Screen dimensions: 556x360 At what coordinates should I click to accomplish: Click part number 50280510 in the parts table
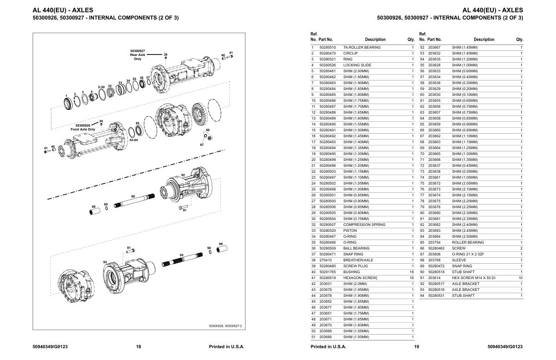(328, 47)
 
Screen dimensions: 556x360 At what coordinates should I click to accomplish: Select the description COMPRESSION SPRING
(364, 225)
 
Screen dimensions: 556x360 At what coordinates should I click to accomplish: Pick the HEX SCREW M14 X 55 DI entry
(473, 278)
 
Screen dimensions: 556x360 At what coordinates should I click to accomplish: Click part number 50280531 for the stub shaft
(437, 295)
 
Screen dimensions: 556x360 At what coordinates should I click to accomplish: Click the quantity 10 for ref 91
(521, 278)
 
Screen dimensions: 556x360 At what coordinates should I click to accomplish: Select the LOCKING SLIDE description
(357, 65)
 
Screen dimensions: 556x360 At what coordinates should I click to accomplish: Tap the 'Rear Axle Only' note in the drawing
(138, 57)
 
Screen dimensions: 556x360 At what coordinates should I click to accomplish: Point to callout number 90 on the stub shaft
(133, 196)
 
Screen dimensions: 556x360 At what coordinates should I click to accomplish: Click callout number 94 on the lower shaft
(181, 255)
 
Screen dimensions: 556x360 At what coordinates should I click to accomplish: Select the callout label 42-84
(134, 140)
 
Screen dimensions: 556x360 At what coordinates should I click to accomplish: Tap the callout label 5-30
(101, 87)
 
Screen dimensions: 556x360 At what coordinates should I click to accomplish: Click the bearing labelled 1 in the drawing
(68, 104)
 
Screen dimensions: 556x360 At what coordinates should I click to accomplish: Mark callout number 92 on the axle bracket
(183, 175)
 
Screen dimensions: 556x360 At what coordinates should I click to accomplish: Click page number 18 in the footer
(139, 346)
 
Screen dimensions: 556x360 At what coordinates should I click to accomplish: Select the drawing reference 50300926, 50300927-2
(225, 326)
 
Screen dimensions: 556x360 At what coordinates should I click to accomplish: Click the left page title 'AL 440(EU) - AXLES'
(63, 10)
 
